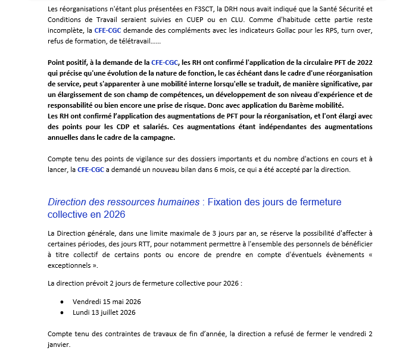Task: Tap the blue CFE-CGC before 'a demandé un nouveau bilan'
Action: click(x=90, y=170)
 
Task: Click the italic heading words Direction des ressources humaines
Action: click(x=123, y=202)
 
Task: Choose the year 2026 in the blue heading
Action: click(x=114, y=214)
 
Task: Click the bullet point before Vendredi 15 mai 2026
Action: click(x=62, y=301)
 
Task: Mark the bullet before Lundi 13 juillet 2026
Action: click(x=62, y=312)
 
